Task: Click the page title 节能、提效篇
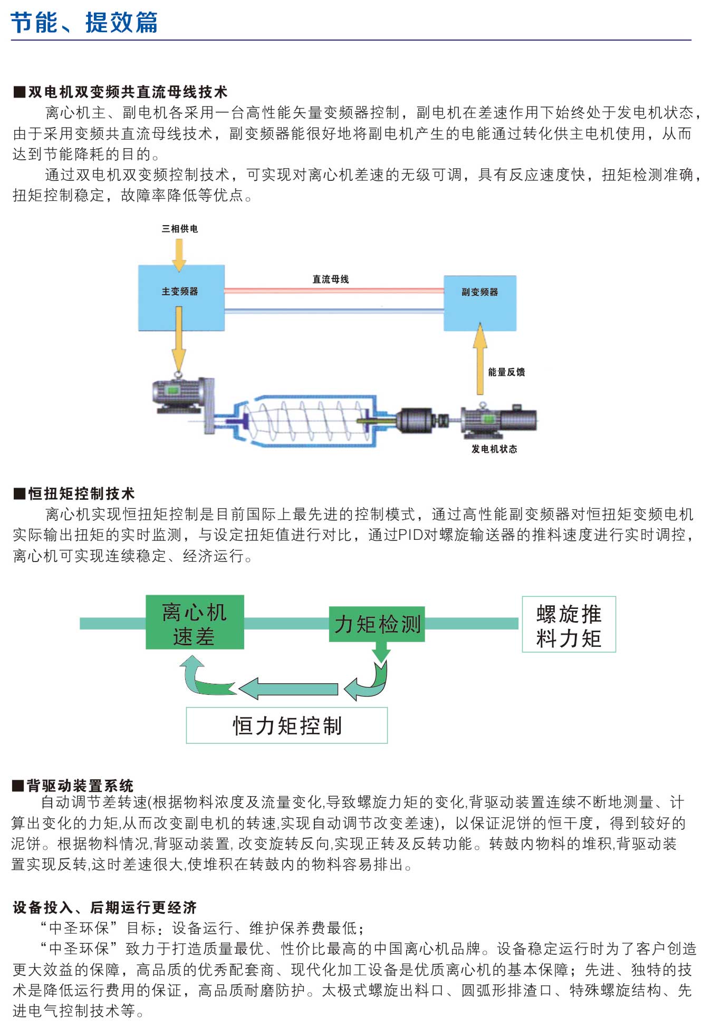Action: [84, 23]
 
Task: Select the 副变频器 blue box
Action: [479, 303]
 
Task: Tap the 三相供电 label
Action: [180, 229]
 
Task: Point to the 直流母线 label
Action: [331, 279]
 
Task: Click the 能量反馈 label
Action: [506, 372]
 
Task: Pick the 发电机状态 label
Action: [494, 449]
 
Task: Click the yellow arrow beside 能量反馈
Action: [480, 359]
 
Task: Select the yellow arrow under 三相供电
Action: [179, 254]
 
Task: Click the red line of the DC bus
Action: [333, 290]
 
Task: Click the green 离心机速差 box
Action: [195, 622]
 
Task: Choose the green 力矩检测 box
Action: [377, 624]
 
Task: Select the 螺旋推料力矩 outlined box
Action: [569, 625]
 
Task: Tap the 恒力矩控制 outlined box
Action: [286, 725]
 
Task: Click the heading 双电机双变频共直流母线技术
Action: [127, 92]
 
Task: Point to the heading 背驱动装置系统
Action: [80, 786]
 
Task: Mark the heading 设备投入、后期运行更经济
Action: [104, 907]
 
